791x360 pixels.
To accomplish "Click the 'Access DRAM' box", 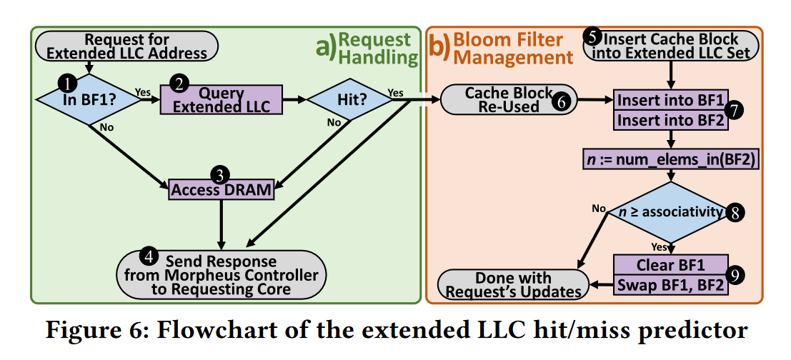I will coord(222,189).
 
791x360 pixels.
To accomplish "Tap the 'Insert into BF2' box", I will coord(670,121).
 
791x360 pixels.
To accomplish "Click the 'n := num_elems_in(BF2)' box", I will coord(670,161).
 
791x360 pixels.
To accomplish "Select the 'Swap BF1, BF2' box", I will coord(670,286).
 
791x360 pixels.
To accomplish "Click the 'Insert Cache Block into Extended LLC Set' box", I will coord(670,46).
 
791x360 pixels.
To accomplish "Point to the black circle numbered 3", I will coord(221,174).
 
